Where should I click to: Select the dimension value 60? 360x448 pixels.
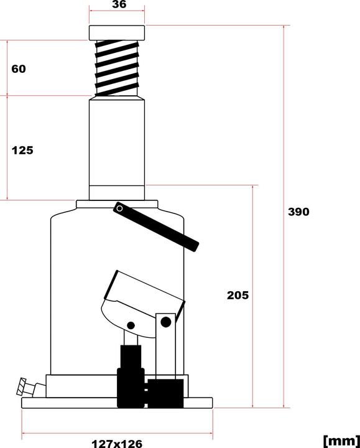click(19, 68)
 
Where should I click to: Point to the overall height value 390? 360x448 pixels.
click(298, 212)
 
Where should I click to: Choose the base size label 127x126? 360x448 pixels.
click(117, 442)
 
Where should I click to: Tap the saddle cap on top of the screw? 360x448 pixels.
click(117, 32)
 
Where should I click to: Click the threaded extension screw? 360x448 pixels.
click(117, 67)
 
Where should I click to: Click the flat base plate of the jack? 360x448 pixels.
click(117, 403)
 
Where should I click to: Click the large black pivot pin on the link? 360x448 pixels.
click(165, 322)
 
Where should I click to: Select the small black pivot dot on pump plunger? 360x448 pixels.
click(131, 325)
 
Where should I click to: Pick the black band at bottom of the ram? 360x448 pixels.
click(117, 193)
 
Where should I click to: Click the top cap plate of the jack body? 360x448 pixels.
click(117, 205)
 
